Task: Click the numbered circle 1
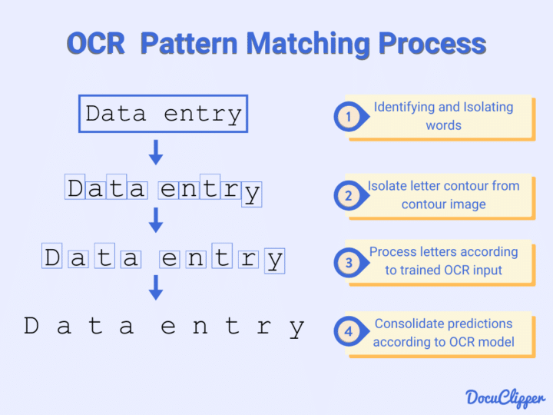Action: [x=348, y=117]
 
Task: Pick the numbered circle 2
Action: [x=348, y=195]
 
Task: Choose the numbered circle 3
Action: [x=348, y=262]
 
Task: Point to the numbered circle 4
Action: [x=348, y=333]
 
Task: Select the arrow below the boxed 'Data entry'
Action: [x=156, y=152]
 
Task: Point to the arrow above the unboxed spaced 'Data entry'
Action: [x=156, y=287]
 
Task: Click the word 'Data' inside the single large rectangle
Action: [x=115, y=115]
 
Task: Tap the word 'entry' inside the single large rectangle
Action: [x=203, y=115]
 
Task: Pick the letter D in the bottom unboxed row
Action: [x=31, y=327]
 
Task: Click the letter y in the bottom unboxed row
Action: [x=297, y=328]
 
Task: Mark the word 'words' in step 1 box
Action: [x=443, y=124]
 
